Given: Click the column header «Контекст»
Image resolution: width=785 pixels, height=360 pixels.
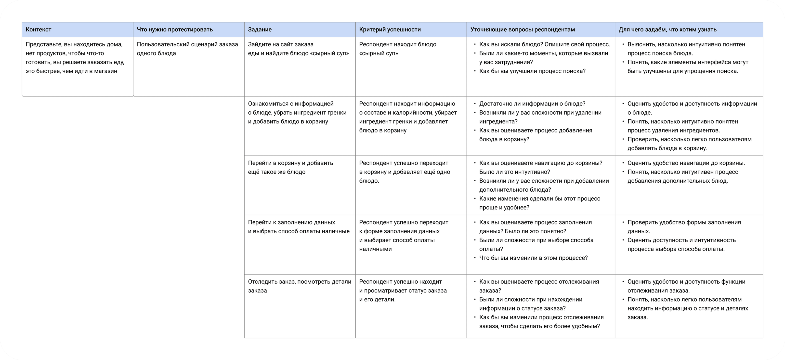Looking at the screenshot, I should point(39,29).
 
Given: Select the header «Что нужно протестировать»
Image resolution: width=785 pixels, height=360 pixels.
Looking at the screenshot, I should point(175,29).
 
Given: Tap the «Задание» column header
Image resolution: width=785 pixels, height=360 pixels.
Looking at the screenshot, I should point(260,29).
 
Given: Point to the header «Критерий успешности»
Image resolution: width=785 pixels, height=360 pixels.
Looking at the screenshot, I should point(390,29).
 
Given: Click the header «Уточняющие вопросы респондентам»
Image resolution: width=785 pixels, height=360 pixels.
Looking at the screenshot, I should point(522,29).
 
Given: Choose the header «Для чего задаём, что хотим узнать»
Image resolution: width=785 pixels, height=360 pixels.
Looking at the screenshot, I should point(667,29).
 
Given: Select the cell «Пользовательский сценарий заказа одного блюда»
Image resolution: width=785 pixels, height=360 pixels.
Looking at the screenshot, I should point(187,49).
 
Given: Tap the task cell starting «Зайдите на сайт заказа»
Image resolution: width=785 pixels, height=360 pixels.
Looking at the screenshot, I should point(298,49).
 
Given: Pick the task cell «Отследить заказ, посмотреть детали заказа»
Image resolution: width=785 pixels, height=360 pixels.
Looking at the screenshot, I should point(299,286).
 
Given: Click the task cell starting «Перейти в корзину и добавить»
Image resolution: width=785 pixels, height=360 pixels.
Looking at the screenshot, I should point(290,167).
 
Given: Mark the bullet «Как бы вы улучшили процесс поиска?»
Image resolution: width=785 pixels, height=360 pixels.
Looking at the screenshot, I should point(532,71).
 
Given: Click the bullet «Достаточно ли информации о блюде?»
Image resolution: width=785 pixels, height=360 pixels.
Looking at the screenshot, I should point(532,104).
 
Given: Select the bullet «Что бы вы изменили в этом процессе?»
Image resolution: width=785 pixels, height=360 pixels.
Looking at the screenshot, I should point(533,258).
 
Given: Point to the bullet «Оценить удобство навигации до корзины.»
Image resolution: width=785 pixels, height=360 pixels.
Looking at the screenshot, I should point(686,163).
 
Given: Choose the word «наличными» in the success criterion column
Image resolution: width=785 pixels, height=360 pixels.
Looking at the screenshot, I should point(375,249).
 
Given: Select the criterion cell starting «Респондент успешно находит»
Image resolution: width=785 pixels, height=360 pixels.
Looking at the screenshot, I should point(403,290).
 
